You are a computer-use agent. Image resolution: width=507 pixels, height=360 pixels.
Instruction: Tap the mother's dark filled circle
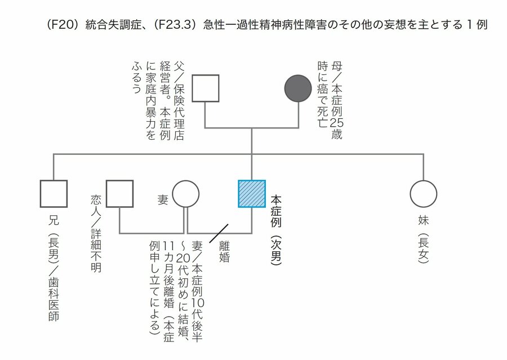coord(298,88)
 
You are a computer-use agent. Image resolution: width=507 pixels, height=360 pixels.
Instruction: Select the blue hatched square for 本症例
coord(252,194)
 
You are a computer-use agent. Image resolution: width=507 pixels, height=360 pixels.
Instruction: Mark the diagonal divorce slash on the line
coord(219,233)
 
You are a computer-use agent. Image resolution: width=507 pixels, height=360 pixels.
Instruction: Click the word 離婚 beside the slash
coord(224,251)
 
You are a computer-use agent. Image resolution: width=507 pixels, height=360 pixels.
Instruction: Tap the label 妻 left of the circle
coord(163,199)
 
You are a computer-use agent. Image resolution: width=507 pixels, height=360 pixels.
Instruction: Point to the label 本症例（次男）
coord(276,230)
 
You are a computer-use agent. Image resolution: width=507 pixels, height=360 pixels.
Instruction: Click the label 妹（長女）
coord(423,239)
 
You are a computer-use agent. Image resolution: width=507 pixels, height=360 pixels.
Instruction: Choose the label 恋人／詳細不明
coord(96,233)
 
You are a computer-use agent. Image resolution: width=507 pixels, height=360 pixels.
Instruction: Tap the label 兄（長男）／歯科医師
coord(54,269)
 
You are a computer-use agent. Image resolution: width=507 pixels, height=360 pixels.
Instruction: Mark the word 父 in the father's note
coord(179,66)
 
